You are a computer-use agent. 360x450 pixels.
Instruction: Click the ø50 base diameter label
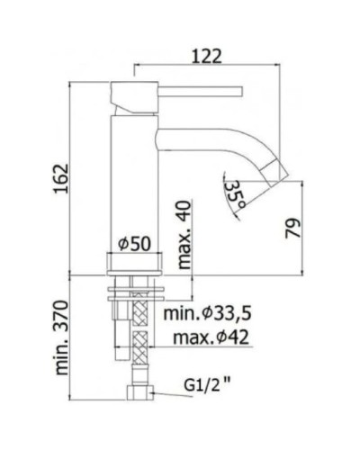click(x=135, y=244)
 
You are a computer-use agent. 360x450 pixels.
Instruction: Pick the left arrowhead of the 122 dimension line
click(x=139, y=66)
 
